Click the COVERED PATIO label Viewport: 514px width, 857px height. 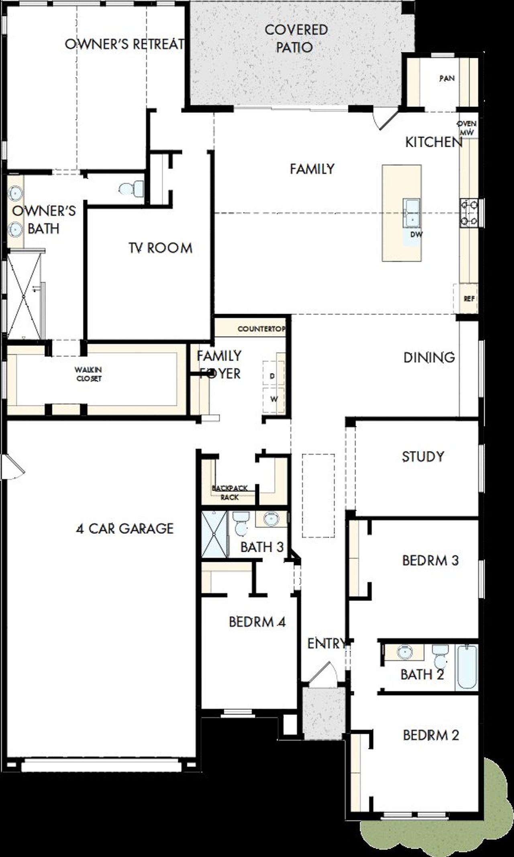296,39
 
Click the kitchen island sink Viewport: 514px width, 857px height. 412,212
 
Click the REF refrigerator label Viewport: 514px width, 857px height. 469,299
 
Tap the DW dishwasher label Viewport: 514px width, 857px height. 416,234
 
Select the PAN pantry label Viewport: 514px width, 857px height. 447,78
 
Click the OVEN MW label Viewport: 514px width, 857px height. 467,128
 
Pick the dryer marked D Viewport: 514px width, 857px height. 273,376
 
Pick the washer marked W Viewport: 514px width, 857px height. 273,399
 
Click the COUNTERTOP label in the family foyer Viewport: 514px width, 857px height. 261,329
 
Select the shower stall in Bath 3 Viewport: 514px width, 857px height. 214,534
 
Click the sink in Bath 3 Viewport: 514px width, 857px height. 271,519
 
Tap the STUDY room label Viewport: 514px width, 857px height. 423,457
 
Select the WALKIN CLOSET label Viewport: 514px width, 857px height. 89,374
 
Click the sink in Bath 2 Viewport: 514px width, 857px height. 404,652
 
